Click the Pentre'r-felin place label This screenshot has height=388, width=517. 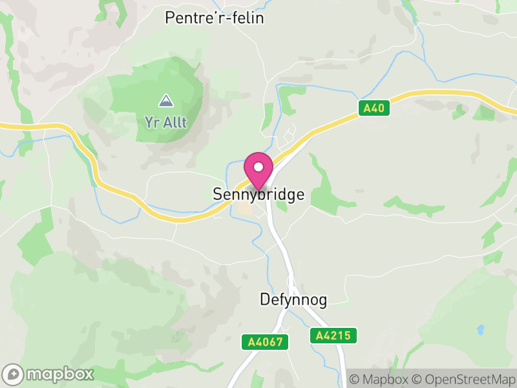(215, 18)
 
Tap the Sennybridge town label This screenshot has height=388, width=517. (258, 195)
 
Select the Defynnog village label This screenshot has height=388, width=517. (293, 300)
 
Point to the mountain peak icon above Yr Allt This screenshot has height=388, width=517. (166, 101)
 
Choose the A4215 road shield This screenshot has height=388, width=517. (333, 336)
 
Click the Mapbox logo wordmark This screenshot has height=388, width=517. (59, 374)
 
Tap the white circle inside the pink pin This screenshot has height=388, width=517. (258, 167)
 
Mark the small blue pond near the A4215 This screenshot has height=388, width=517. (480, 329)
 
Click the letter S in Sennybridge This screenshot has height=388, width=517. (218, 195)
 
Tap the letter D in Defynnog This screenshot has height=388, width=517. (264, 300)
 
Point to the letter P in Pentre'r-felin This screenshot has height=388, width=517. (171, 18)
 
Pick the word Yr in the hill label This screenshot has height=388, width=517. (151, 121)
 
